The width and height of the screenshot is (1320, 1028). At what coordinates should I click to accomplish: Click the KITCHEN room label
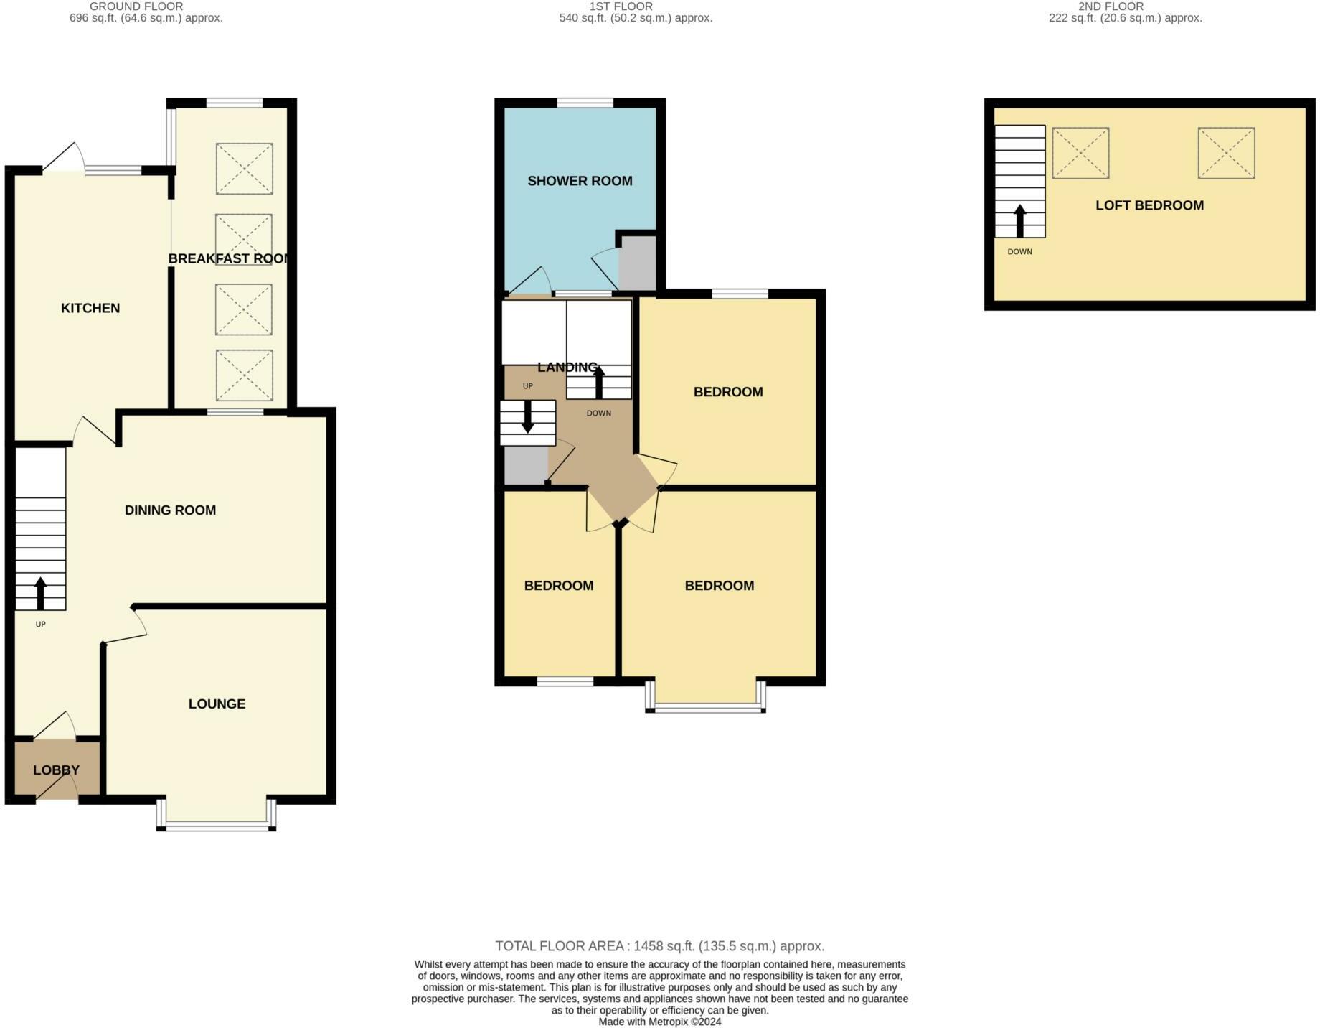click(90, 308)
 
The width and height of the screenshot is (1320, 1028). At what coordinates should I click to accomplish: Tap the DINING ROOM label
click(170, 510)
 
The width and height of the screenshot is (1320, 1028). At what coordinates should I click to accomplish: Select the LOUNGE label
click(217, 704)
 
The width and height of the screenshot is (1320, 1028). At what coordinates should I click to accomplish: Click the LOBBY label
click(56, 770)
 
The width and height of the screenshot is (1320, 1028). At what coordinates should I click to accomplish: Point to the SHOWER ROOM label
click(580, 181)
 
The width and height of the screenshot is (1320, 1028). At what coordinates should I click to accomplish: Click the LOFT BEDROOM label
click(1149, 205)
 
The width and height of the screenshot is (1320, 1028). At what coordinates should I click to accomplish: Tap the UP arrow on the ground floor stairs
click(40, 593)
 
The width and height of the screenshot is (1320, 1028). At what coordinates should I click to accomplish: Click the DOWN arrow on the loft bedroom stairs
click(1019, 220)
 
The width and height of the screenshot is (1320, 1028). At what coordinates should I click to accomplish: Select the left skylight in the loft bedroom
click(1080, 153)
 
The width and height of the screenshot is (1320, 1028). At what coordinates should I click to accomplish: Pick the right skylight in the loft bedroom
click(1226, 153)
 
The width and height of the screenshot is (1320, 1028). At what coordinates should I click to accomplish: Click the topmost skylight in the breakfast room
click(244, 169)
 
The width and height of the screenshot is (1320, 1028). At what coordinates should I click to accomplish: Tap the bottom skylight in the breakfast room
click(244, 375)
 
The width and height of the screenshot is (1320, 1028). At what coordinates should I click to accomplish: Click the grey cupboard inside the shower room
click(637, 263)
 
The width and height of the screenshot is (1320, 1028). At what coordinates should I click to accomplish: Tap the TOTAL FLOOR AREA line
click(659, 946)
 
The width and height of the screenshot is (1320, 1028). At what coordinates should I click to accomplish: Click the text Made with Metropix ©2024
click(659, 1022)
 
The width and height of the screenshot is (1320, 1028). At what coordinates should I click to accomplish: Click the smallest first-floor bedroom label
click(558, 586)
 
